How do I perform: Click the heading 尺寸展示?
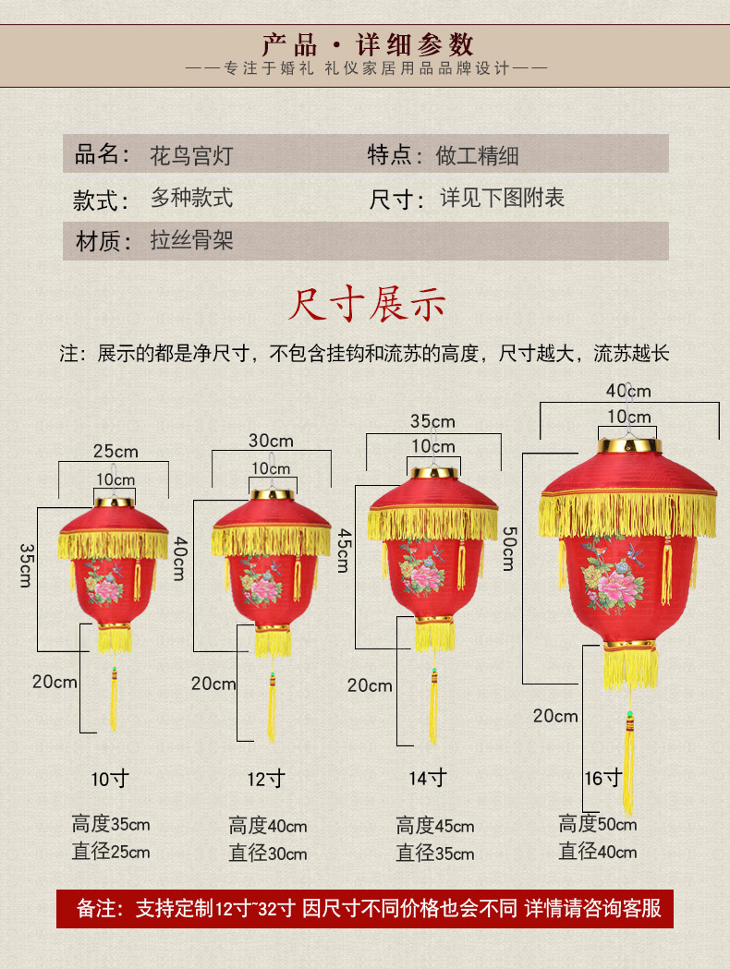point(367,305)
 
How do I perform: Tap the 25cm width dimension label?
point(116,451)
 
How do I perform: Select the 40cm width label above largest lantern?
point(628,391)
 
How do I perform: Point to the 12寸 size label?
point(266,779)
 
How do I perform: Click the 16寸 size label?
point(602,779)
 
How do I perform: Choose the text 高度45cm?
point(434,826)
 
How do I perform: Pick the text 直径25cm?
point(111,852)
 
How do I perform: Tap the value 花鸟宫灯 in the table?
point(191,155)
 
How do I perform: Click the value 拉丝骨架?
point(191,241)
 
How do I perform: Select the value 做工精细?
point(477,155)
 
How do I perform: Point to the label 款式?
point(102,199)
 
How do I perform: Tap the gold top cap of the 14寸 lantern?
point(433,473)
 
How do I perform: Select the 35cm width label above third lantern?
point(433,421)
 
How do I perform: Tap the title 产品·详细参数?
point(367,43)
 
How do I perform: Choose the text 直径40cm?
point(597,852)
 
